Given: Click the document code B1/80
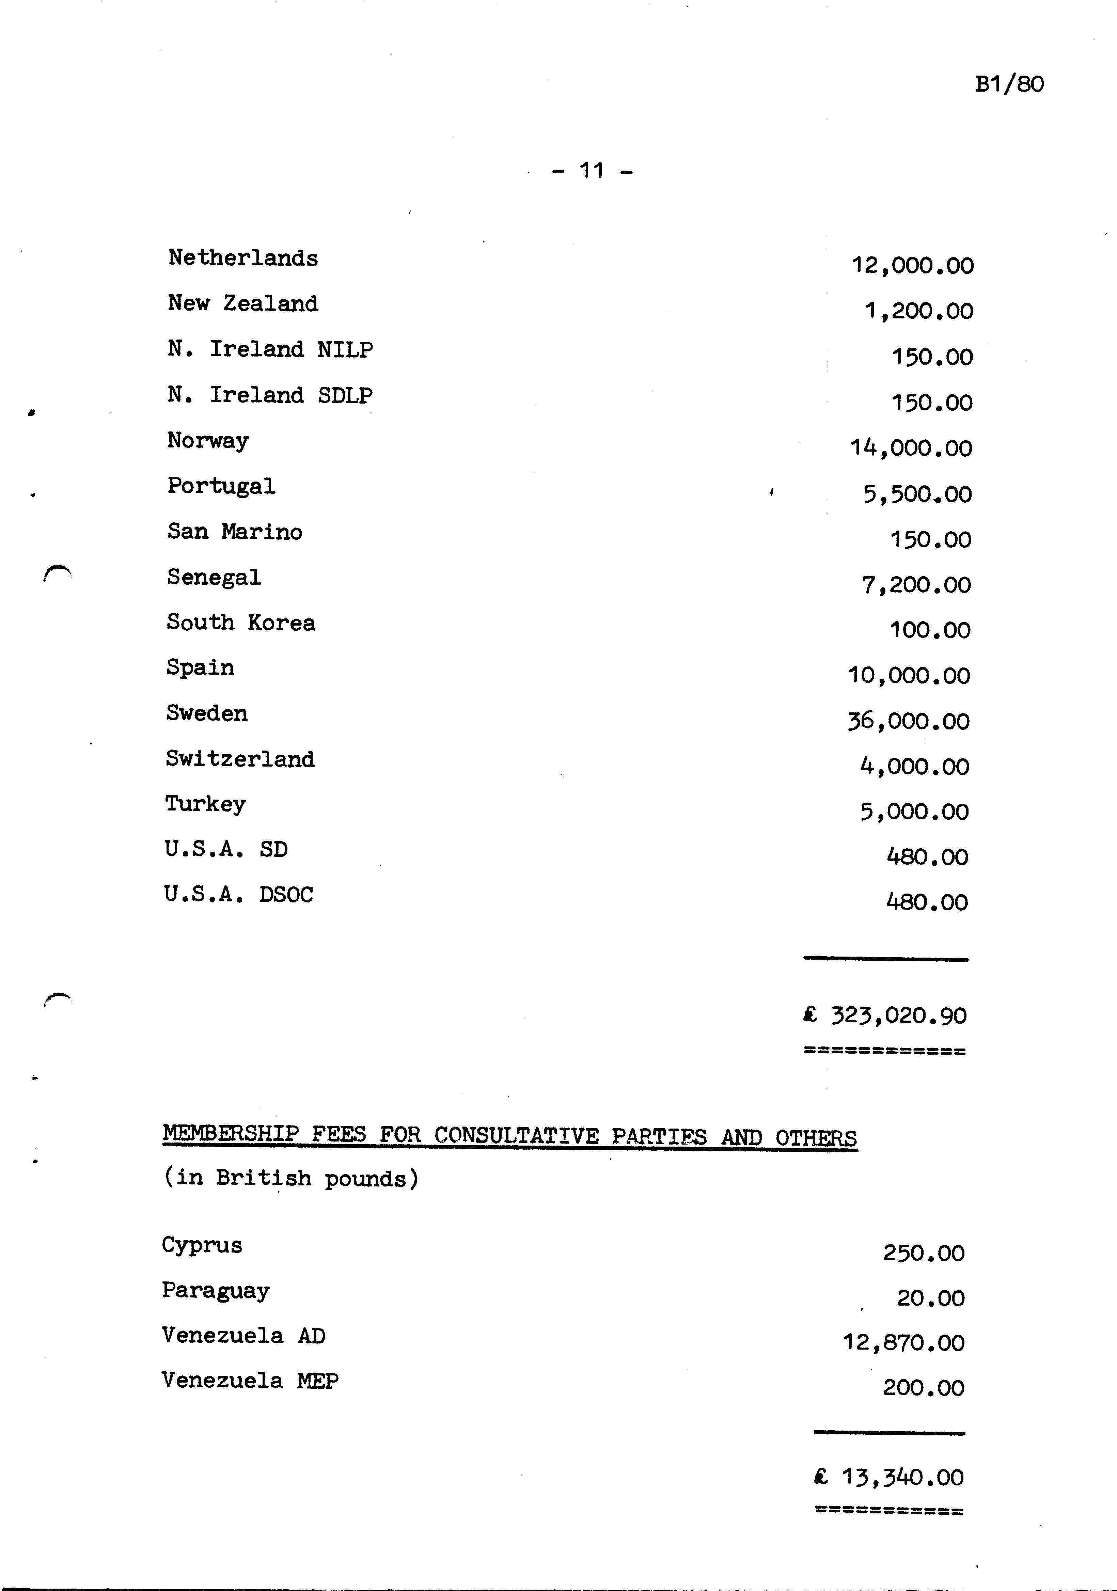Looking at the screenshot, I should click(x=1009, y=84).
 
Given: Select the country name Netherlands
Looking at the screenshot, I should click(x=242, y=258).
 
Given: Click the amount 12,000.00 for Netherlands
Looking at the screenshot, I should click(x=912, y=265).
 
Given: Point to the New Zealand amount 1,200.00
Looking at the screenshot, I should click(x=918, y=311).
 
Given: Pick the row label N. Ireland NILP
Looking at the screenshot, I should click(x=270, y=349).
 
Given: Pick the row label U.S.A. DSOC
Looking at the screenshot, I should click(x=238, y=895).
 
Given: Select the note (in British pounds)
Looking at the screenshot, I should click(x=291, y=1178).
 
